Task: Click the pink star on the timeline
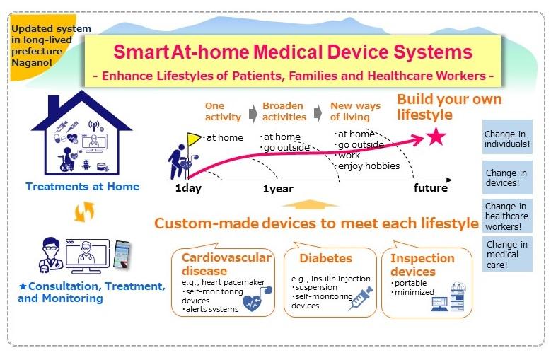436,137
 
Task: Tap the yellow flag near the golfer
194,139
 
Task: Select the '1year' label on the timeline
278,189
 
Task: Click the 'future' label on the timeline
431,188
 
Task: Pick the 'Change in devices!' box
506,178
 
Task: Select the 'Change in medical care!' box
506,255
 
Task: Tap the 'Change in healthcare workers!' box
506,216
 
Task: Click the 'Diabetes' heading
325,259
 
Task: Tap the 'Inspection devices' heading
422,265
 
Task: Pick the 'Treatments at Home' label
82,187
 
